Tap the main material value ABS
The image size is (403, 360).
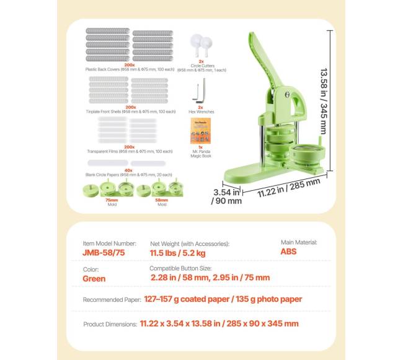coord(288,252)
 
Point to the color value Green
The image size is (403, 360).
coord(94,279)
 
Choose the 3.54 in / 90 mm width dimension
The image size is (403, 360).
coord(226,196)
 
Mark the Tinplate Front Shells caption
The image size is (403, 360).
coord(130,112)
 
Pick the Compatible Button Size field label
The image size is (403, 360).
coord(180,268)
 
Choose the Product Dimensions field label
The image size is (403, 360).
coord(110,324)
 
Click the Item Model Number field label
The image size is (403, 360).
coord(109,244)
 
